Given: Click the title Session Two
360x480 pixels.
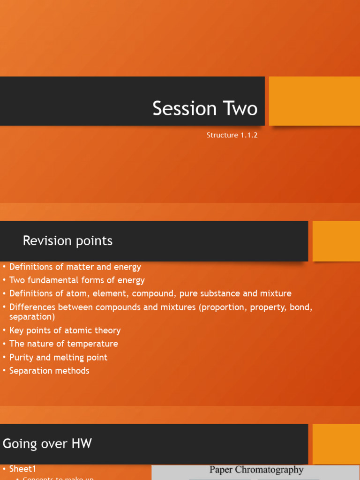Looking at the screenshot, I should pyautogui.click(x=205, y=108).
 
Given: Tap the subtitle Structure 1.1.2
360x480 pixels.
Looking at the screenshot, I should pyautogui.click(x=232, y=135).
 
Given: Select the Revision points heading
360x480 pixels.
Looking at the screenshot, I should pyautogui.click(x=67, y=241).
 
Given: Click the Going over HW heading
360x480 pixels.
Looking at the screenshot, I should pyautogui.click(x=47, y=443).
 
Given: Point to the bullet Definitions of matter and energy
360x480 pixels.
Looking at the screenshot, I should pyautogui.click(x=75, y=267).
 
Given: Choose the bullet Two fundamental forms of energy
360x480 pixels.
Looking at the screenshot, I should pyautogui.click(x=77, y=280).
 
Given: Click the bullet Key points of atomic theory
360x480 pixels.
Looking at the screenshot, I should pyautogui.click(x=65, y=330).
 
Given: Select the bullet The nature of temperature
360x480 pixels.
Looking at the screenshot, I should pyautogui.click(x=64, y=344).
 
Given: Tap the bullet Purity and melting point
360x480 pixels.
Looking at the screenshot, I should pyautogui.click(x=58, y=357).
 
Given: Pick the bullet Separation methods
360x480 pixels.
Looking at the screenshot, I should pyautogui.click(x=49, y=371).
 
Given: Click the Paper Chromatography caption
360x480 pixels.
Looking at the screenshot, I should pyautogui.click(x=256, y=470).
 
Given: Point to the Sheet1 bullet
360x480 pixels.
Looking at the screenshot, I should pyautogui.click(x=22, y=469).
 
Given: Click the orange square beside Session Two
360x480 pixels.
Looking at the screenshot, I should pyautogui.click(x=315, y=101).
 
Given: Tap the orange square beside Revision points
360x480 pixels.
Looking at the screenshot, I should pyautogui.click(x=336, y=241).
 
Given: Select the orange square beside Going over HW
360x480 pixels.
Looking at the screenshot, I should pyautogui.click(x=336, y=443).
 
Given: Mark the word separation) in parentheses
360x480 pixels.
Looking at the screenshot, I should pyautogui.click(x=32, y=317).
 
